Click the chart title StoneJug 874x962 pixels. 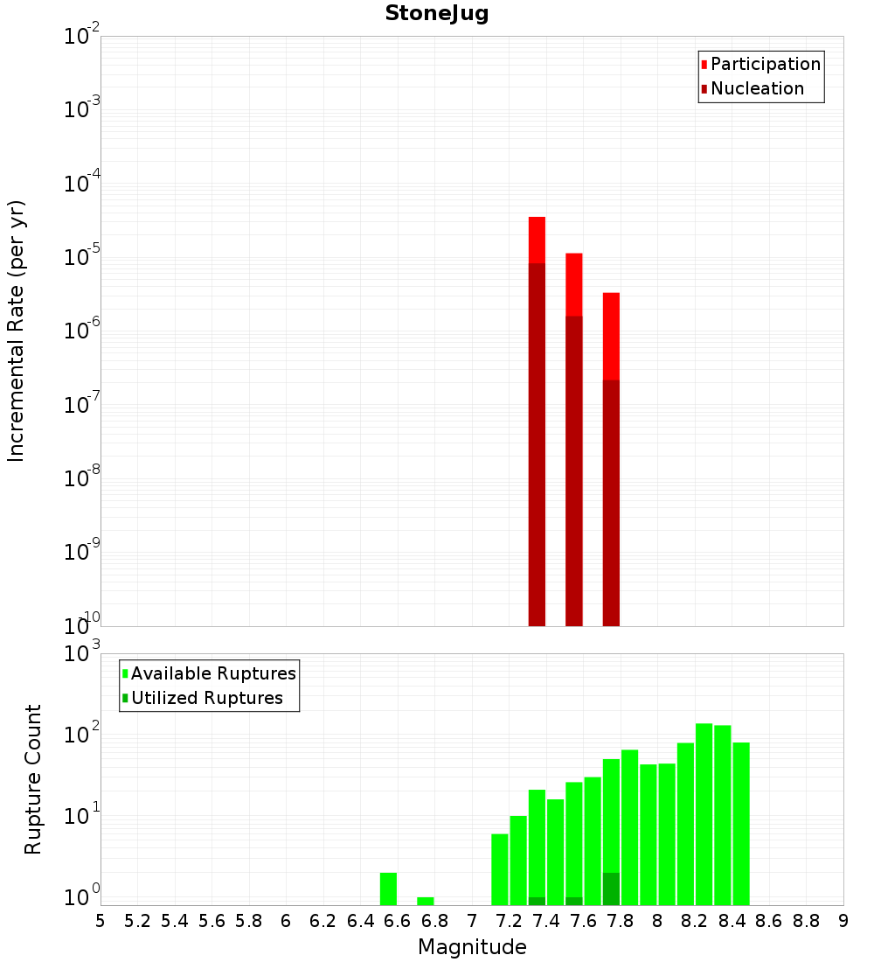[436, 14]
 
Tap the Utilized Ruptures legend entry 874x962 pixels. [206, 698]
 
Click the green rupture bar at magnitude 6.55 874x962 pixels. [388, 889]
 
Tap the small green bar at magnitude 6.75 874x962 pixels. [426, 901]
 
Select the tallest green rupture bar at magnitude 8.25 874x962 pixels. [704, 813]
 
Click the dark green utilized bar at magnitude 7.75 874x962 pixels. [611, 889]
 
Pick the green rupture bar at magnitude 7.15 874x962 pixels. [500, 869]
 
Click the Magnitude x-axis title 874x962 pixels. [472, 947]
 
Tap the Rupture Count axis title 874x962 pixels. [33, 778]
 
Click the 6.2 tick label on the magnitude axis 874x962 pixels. [323, 921]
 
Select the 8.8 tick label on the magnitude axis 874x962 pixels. [806, 921]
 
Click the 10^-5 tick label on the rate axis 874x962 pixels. [81, 257]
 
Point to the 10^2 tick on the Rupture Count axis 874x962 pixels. [81, 735]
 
